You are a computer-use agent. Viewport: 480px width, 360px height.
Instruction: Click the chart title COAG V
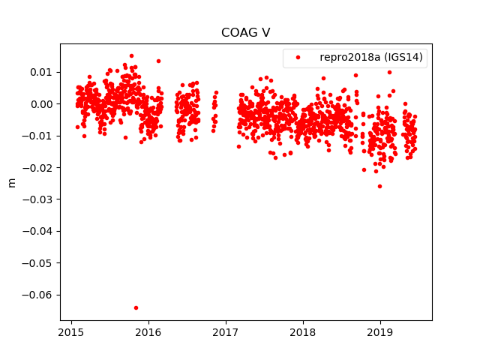pos(240,33)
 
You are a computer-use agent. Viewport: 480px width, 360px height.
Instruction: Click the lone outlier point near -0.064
pos(136,307)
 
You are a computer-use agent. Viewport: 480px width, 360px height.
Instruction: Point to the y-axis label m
pos(11,182)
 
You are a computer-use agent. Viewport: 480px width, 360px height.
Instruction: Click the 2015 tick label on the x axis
pos(71,332)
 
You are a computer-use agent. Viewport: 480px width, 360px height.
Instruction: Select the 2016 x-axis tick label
pos(148,332)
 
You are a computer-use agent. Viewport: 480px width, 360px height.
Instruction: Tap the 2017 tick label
pos(226,332)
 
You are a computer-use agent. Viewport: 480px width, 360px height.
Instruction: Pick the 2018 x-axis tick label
pos(303,332)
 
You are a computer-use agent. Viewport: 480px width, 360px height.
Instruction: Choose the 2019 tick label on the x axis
pos(380,332)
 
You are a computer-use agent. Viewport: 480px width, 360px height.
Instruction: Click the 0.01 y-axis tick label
pos(42,72)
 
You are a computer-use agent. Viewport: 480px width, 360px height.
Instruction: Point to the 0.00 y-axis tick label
pos(42,104)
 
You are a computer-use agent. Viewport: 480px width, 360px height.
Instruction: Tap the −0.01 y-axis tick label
pos(39,136)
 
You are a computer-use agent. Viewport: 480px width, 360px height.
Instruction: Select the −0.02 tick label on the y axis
pos(39,167)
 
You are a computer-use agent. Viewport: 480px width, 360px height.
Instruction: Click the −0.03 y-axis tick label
pos(39,199)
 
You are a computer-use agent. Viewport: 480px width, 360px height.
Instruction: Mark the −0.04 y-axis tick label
pos(39,231)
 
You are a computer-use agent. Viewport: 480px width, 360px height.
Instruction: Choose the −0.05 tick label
pos(39,263)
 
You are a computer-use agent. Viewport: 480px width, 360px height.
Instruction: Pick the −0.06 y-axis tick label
pos(39,295)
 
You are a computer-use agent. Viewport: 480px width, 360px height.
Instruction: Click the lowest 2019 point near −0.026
pos(379,186)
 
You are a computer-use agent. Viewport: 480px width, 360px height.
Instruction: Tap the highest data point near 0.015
pos(131,55)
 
